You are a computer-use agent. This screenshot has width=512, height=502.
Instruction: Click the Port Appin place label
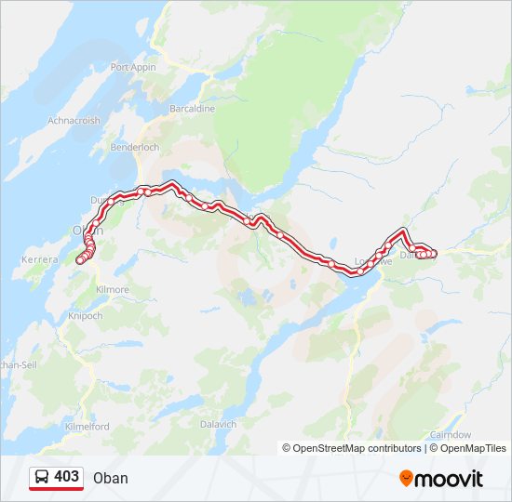(131, 67)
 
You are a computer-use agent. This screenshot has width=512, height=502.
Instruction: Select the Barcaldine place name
(192, 109)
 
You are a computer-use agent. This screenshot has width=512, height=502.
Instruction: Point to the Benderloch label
(135, 148)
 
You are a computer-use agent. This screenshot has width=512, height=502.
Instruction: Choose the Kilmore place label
(112, 290)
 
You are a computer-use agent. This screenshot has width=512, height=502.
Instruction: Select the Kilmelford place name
(88, 426)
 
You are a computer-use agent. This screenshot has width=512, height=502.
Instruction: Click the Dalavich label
(219, 423)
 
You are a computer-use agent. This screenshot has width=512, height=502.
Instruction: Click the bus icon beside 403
(42, 477)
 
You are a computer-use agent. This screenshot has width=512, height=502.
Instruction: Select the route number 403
(66, 477)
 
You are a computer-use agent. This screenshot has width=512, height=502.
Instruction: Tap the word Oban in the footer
(111, 479)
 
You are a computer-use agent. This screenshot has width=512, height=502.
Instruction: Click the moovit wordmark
(448, 479)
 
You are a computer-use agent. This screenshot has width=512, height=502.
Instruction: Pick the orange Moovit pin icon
(406, 479)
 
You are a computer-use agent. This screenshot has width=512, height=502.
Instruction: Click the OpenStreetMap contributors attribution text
(352, 448)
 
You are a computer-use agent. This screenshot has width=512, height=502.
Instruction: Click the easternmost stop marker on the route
(434, 254)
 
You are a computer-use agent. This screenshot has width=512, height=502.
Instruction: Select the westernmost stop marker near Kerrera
(79, 261)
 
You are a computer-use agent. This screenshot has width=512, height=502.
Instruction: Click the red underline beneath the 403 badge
(56, 489)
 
